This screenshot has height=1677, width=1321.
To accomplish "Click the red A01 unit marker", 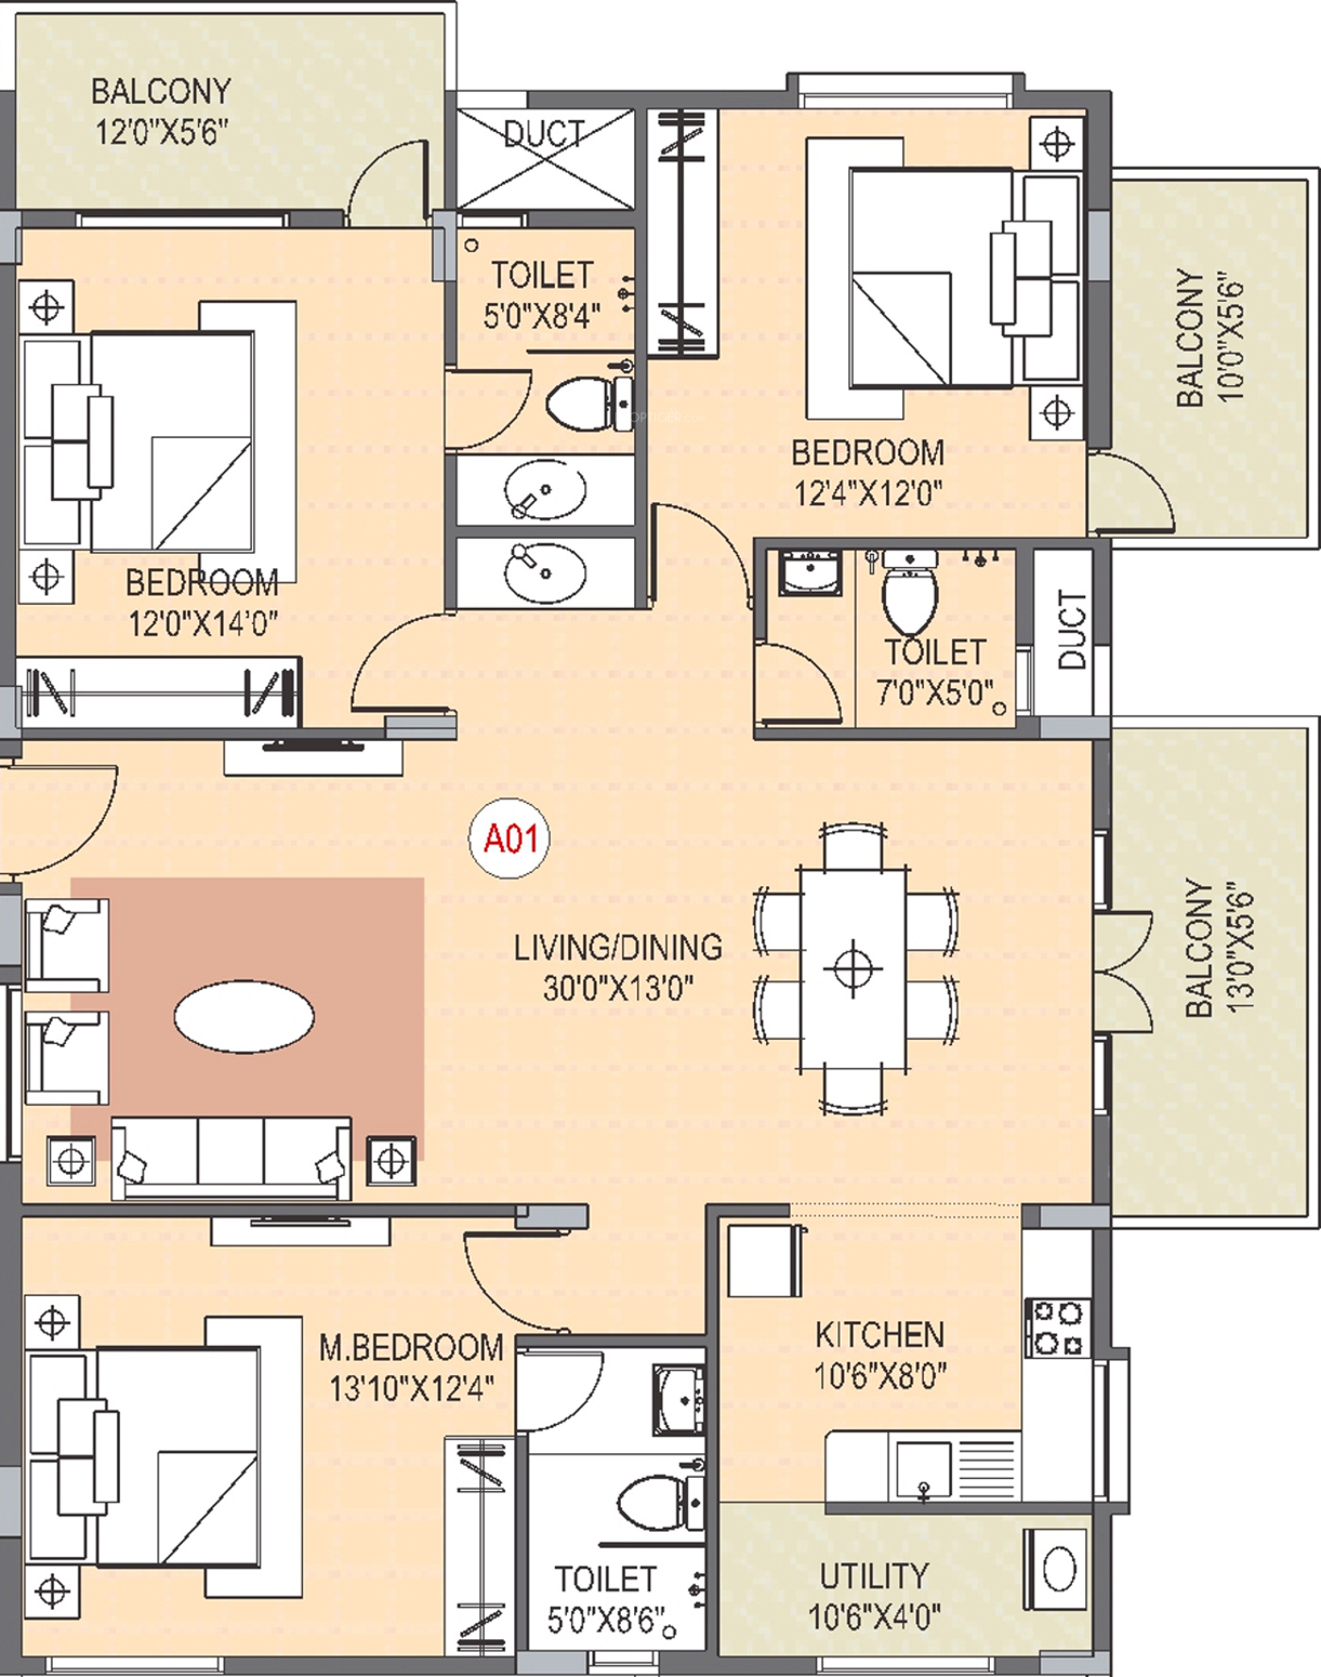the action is (x=510, y=838).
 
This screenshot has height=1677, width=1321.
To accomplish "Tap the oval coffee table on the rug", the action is (x=244, y=1016).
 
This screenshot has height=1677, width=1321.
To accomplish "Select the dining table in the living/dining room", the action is (x=854, y=969).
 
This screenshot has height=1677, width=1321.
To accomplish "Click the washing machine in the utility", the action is (x=1059, y=1570).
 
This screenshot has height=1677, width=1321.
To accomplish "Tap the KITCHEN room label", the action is (x=879, y=1334).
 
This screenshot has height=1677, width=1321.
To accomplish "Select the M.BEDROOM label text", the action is (x=410, y=1347).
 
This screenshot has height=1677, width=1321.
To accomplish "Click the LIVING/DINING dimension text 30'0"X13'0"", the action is (x=618, y=988).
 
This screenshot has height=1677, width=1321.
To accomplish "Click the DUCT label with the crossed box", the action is (x=544, y=134).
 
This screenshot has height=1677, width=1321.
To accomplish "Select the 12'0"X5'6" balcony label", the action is (x=160, y=111).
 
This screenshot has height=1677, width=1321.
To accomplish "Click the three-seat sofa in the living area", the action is (x=231, y=1157).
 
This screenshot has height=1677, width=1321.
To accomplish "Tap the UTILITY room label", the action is (x=874, y=1575).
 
